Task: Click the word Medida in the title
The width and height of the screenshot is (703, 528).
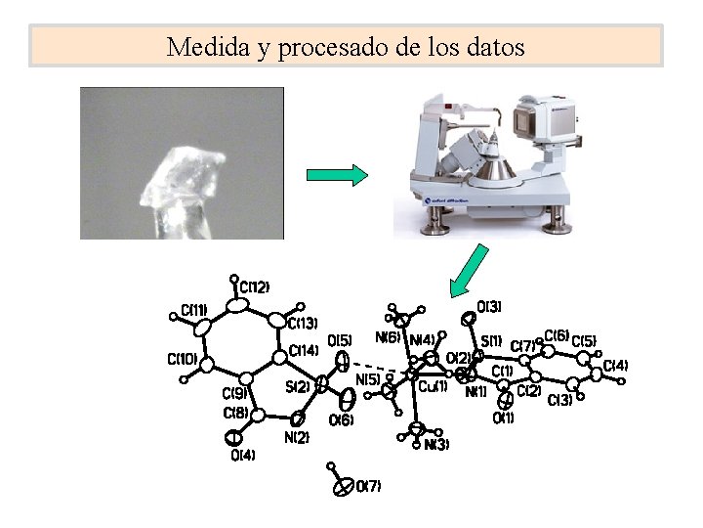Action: pos(198,46)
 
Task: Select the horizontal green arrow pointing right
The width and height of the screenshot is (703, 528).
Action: pos(337,175)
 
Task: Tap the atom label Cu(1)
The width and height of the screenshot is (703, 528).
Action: pos(433,386)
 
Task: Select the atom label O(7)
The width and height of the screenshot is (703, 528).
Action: pos(368,485)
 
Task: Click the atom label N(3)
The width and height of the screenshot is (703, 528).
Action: pos(436,444)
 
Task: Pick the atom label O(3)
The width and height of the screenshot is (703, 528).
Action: pos(489,308)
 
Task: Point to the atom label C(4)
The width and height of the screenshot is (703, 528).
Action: pos(615,366)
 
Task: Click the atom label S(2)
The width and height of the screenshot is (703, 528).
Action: pos(298,386)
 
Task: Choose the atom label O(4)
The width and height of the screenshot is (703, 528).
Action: pos(243,455)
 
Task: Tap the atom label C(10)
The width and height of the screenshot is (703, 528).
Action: pos(183,358)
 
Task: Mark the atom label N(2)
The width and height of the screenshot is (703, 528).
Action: pos(297,438)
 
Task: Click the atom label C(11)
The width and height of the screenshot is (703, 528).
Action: pos(194,310)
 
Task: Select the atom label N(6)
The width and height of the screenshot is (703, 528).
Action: pos(388,337)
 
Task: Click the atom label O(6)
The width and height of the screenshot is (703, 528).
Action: pos(341,420)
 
